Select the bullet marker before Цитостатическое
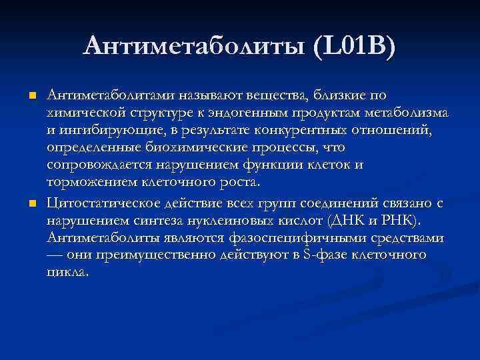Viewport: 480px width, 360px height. click(31, 203)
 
